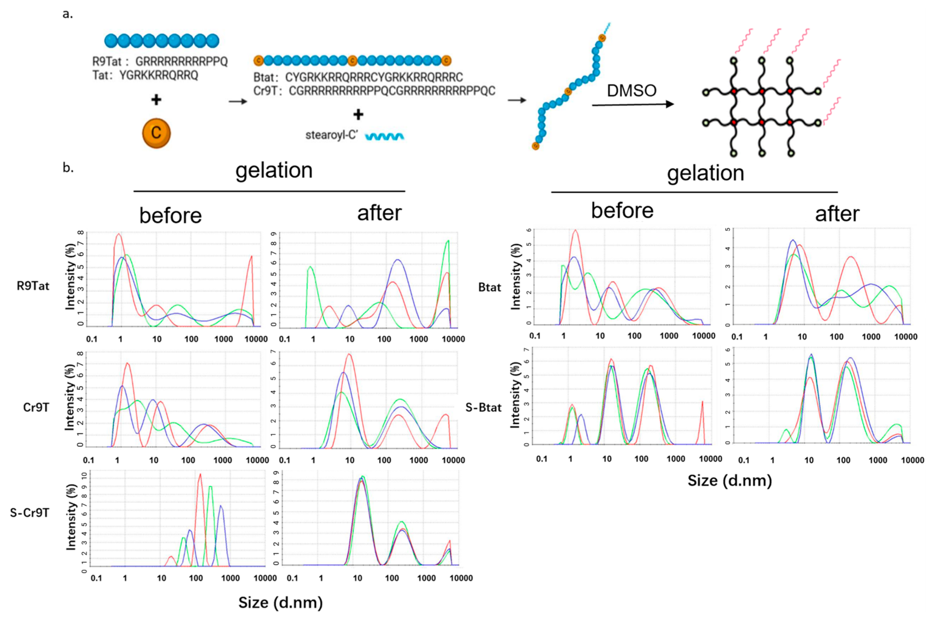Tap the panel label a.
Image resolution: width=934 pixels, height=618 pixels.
click(x=68, y=15)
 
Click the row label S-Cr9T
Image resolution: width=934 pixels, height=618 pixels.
click(x=30, y=513)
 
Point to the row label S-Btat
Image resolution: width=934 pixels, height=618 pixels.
click(x=483, y=407)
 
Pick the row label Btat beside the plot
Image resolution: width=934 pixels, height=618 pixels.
click(x=490, y=287)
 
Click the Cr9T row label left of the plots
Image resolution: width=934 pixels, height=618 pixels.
click(x=36, y=407)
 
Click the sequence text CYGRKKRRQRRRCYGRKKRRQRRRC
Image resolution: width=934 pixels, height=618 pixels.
click(x=374, y=77)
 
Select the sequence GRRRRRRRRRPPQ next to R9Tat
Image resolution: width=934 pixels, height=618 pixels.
click(x=182, y=61)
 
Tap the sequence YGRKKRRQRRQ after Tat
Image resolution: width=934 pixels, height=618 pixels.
click(x=159, y=75)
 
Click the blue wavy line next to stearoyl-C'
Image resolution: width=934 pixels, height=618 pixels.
click(x=384, y=136)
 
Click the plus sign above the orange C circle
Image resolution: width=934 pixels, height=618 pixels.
click(x=156, y=100)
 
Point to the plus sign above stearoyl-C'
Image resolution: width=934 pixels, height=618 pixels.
click(x=358, y=115)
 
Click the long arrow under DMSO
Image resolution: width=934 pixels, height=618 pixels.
click(x=632, y=104)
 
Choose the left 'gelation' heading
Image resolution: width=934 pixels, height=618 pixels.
click(x=274, y=170)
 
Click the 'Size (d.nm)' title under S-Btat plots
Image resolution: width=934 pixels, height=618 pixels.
click(x=730, y=480)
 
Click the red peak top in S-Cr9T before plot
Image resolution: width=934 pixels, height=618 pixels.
click(x=200, y=474)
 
